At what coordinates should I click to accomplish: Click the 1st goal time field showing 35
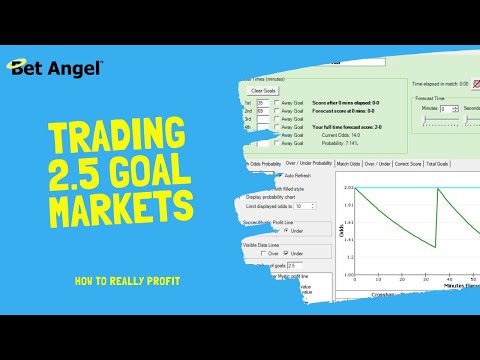click(263, 102)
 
